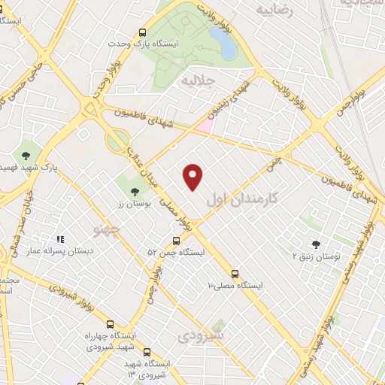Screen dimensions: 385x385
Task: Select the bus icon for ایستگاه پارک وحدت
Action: [x=143, y=32]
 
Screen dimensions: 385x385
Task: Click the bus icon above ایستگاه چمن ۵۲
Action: [x=176, y=241]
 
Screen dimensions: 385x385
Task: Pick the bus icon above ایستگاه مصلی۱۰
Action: [x=235, y=274]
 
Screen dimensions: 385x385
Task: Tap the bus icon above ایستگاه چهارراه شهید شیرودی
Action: [x=111, y=323]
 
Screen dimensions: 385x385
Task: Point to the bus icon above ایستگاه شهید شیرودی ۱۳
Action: [x=147, y=351]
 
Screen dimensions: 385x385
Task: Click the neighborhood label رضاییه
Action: [x=274, y=10]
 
